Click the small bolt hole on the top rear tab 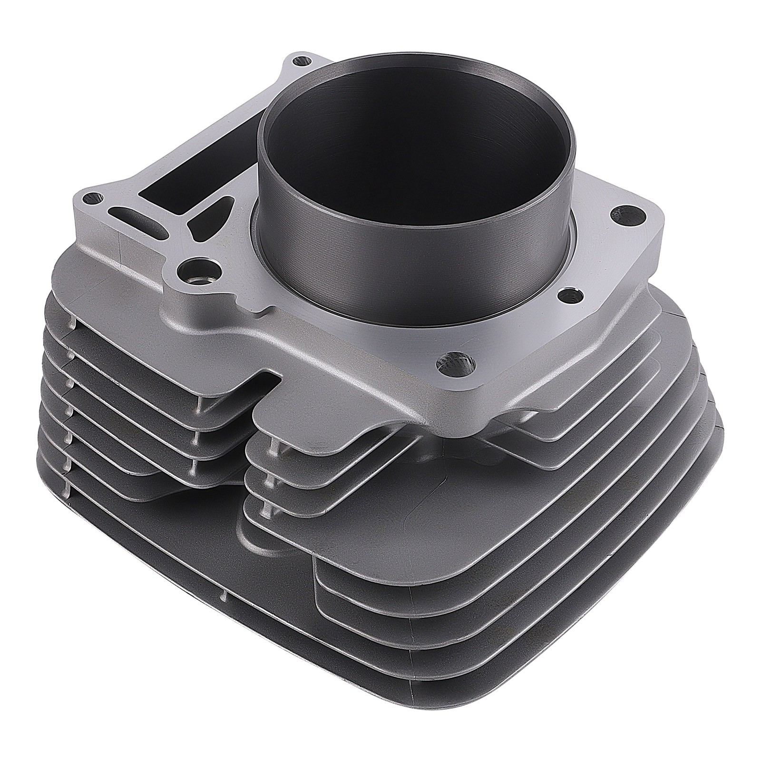[x=298, y=60]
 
